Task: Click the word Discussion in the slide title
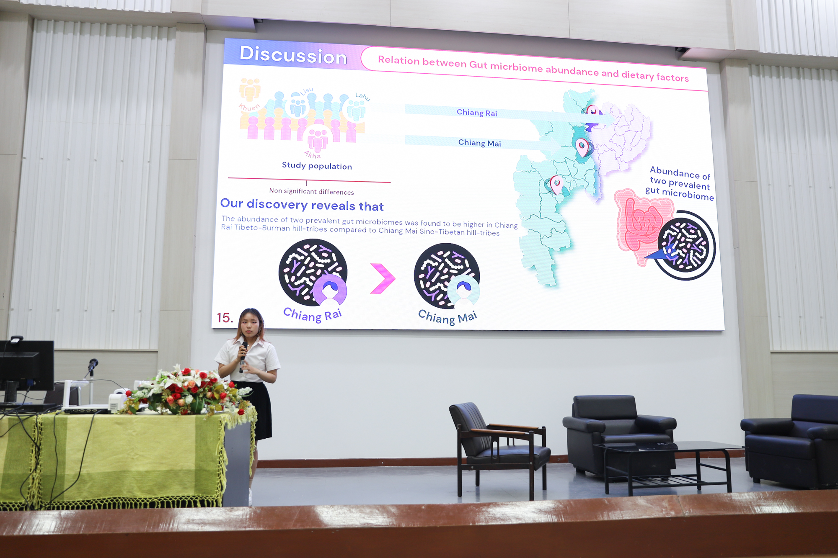(293, 55)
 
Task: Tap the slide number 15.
(225, 318)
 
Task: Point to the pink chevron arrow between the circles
(383, 278)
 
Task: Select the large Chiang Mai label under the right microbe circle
(447, 317)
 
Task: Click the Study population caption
(317, 166)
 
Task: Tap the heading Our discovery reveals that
(302, 205)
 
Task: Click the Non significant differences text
(311, 191)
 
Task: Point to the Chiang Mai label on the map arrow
(479, 143)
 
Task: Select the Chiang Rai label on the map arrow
(477, 113)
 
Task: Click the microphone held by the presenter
(243, 356)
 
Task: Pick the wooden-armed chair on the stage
(498, 448)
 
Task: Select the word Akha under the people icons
(312, 155)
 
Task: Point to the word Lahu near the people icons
(362, 97)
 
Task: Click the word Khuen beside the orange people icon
(249, 107)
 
